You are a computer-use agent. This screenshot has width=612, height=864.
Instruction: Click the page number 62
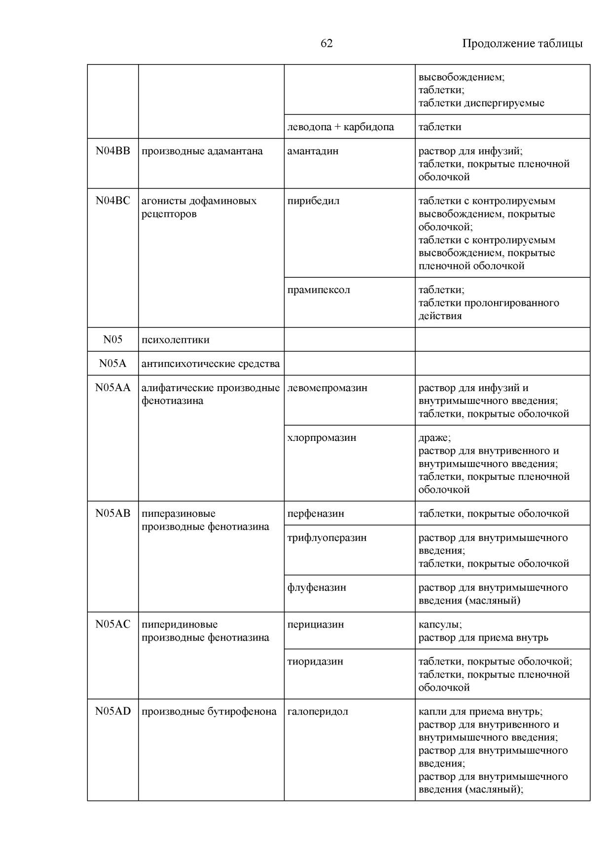tap(326, 43)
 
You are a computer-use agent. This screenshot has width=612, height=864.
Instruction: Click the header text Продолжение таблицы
tap(522, 43)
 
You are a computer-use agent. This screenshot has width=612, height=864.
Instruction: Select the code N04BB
tap(113, 151)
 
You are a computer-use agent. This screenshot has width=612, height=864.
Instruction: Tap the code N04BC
tap(113, 201)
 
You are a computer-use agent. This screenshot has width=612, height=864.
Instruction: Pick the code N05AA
tap(113, 388)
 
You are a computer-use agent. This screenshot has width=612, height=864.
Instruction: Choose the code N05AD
tap(113, 711)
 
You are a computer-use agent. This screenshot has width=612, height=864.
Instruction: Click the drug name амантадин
tap(313, 151)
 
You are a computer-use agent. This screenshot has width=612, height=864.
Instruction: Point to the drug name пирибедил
tap(313, 201)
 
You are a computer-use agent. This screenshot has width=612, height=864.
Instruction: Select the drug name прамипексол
tap(319, 290)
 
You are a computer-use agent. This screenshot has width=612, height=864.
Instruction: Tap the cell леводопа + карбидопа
tap(340, 127)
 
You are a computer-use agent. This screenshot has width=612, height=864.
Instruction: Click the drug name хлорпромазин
tap(322, 437)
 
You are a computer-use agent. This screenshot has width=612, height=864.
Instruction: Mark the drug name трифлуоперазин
tap(327, 537)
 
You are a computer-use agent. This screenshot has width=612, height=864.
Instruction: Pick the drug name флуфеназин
tap(317, 587)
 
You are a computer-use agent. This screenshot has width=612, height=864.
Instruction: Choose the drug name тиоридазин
tap(315, 661)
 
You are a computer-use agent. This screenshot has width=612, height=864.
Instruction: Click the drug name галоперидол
tap(318, 711)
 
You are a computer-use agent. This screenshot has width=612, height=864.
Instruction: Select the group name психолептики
tap(175, 340)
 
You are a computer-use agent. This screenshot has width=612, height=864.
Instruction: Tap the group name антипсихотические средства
tap(211, 364)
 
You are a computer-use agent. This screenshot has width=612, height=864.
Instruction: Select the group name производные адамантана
tap(202, 151)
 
